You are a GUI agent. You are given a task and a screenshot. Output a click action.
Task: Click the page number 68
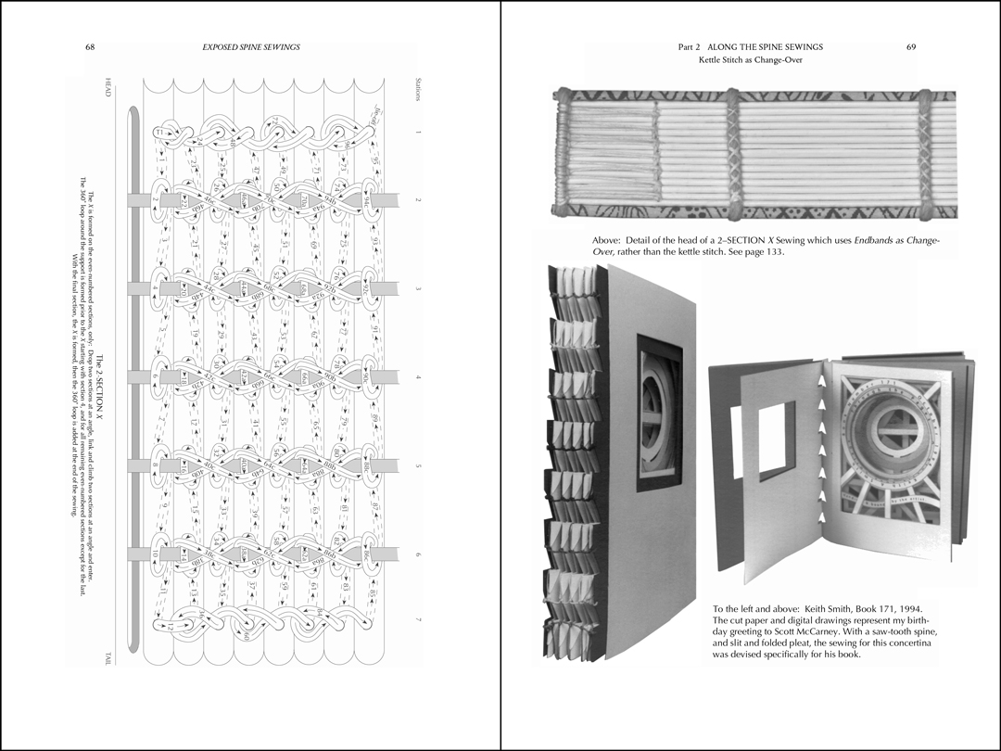[x=90, y=47]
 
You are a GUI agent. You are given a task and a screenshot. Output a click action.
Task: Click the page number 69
[x=911, y=47]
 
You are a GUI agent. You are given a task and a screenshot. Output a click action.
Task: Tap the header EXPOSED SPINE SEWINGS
[x=250, y=47]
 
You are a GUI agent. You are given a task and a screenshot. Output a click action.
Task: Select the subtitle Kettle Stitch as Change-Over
[x=750, y=60]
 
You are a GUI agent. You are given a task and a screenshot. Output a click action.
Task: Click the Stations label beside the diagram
[x=418, y=91]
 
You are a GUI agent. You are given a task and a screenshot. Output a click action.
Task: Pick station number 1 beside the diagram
[x=418, y=133]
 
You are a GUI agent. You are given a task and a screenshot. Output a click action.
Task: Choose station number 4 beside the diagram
[x=418, y=377]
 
